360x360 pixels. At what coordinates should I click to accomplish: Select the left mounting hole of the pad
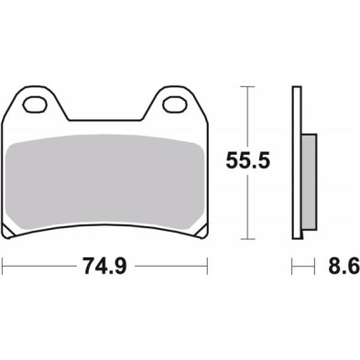(38, 103)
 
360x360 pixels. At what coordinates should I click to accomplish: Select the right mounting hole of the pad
(174, 103)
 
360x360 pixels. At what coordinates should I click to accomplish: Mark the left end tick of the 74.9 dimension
(4, 269)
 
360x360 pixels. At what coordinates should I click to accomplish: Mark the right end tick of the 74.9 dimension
(208, 269)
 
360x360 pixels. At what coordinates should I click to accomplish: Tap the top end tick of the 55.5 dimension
(245, 87)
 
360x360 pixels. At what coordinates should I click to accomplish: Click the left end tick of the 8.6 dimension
(293, 269)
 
